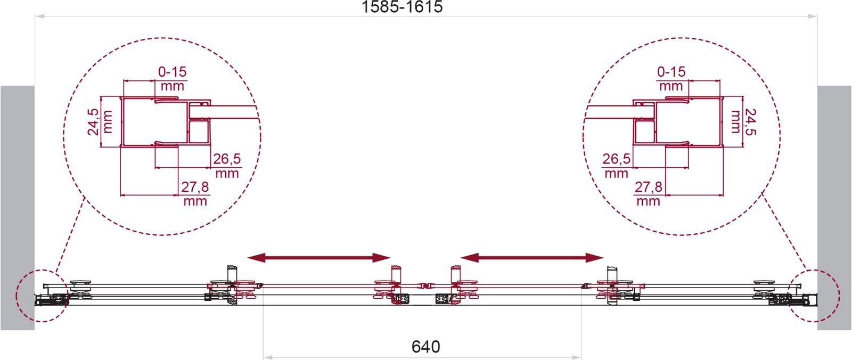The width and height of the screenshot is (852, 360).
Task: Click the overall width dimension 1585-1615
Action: coord(402,7)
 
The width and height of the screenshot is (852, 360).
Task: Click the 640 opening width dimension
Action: coord(425,347)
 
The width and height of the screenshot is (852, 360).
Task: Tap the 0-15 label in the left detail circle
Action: coord(173,71)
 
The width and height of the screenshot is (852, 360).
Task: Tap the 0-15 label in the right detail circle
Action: coord(671,71)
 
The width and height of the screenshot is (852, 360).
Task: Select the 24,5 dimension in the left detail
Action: coord(93,122)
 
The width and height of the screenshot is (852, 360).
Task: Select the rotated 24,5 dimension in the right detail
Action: coord(750,122)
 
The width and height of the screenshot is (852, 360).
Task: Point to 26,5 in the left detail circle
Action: coord(227,159)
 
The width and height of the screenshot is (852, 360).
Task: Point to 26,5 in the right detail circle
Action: coord(616,159)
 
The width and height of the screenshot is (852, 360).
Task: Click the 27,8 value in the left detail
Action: coord(195,187)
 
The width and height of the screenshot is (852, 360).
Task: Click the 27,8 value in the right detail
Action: coord(649,187)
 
